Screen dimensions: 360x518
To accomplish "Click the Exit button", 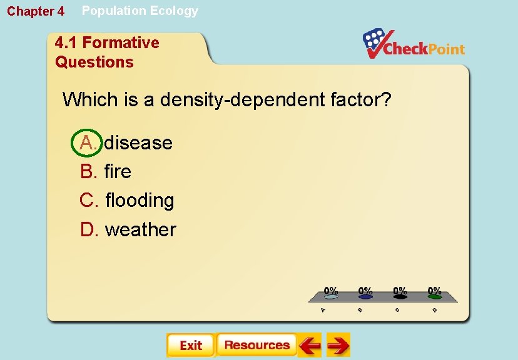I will pos(190,345).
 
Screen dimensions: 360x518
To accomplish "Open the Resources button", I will pos(256,345).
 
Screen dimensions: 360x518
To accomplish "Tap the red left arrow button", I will pos(309,345).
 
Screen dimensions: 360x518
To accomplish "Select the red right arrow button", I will pos(338,345).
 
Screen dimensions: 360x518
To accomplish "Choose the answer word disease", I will pos(138,142).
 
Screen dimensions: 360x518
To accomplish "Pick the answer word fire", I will pos(118,171).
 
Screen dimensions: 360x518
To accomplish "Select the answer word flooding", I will pos(140,201).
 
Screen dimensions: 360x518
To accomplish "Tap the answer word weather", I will pos(141,229).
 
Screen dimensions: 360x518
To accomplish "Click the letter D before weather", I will pos(89,229).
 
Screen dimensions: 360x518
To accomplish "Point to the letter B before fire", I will pos(88,171).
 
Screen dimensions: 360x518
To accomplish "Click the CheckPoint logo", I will pos(414,44).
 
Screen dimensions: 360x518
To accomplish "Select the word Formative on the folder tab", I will pos(121,42).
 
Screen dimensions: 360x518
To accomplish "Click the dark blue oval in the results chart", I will pos(365,297).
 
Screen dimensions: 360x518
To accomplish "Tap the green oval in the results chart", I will pos(434,297).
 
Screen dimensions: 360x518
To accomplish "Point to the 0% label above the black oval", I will pos(400,291).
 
